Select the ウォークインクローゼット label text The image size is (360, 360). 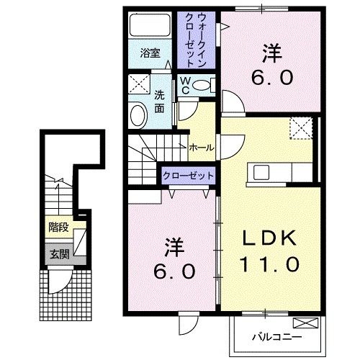pyautogui.click(x=194, y=40)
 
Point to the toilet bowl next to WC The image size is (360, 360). pyautogui.click(x=204, y=86)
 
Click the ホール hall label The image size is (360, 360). pyautogui.click(x=201, y=147)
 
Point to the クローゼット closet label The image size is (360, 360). pyautogui.click(x=188, y=174)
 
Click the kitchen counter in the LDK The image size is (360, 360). pyautogui.click(x=281, y=174)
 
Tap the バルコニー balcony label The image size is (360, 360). pyautogui.click(x=276, y=336)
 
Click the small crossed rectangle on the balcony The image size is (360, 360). pyautogui.click(x=306, y=323)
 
